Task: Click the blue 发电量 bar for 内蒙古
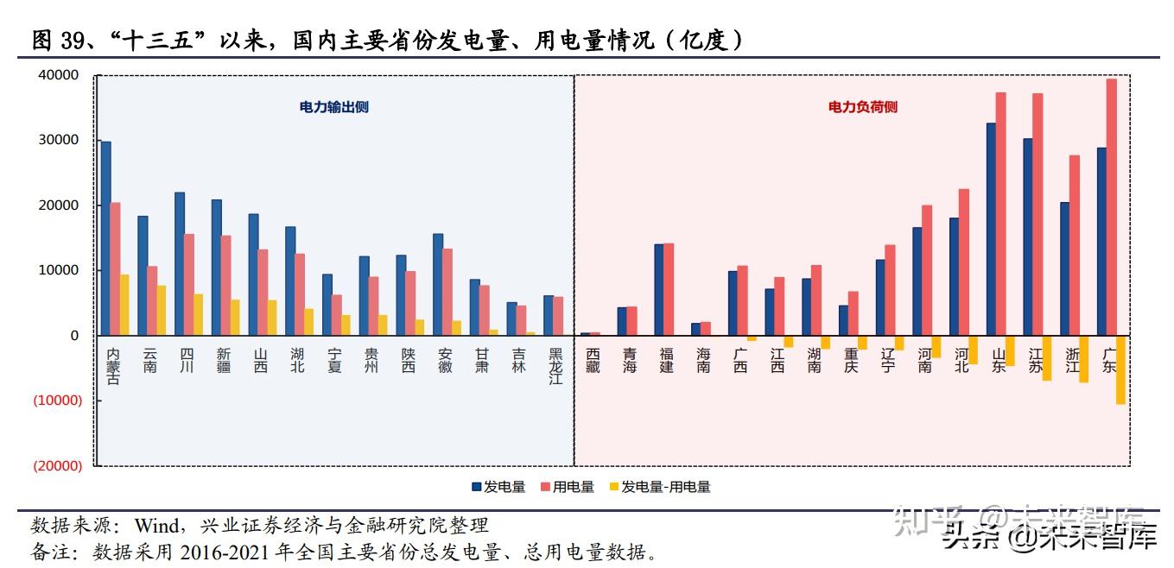pyautogui.click(x=105, y=238)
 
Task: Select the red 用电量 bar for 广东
pyautogui.click(x=1111, y=207)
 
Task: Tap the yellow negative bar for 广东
pyautogui.click(x=1120, y=369)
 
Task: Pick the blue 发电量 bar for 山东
pyautogui.click(x=991, y=229)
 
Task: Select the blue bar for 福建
pyautogui.click(x=658, y=289)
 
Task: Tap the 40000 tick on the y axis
pyautogui.click(x=59, y=75)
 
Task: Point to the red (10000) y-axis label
pyautogui.click(x=57, y=401)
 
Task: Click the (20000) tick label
pyautogui.click(x=57, y=466)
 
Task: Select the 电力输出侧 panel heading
pyautogui.click(x=333, y=107)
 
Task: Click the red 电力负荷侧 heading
pyautogui.click(x=862, y=107)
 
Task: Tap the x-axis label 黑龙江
pyautogui.click(x=555, y=367)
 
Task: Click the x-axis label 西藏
pyautogui.click(x=593, y=361)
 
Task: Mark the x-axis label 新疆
pyautogui.click(x=224, y=361)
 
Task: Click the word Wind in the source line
pyautogui.click(x=157, y=525)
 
